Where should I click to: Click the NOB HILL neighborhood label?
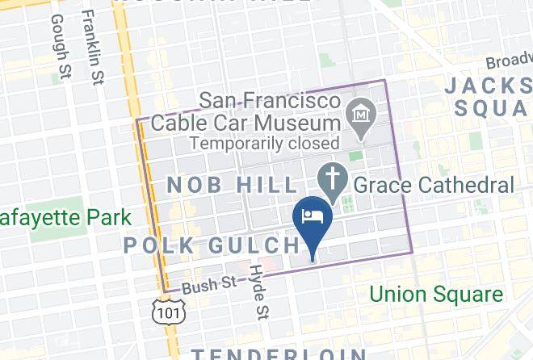(x=222, y=185)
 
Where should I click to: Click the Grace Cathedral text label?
(x=434, y=185)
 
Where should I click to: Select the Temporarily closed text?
(x=264, y=143)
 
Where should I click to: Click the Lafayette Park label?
(x=65, y=218)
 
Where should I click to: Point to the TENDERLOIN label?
(x=279, y=353)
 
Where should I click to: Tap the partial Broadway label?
(x=509, y=62)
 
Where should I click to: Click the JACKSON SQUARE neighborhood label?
(x=489, y=95)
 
